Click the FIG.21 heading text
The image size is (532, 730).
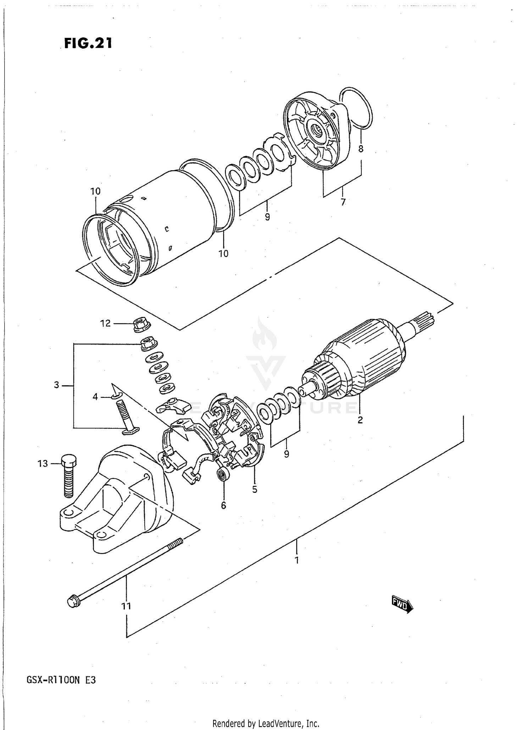tap(88, 43)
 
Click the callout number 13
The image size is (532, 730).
tap(43, 463)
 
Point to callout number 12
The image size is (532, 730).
tap(105, 323)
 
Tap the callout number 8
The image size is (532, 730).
tap(361, 149)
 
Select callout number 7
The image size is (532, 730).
tap(343, 202)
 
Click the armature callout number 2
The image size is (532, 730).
tap(360, 420)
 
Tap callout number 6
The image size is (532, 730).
tap(223, 505)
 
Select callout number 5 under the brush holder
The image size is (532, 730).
tap(255, 489)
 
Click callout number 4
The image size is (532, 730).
tap(95, 397)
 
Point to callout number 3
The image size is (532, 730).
tap(56, 385)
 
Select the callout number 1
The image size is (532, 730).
tap(297, 560)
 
